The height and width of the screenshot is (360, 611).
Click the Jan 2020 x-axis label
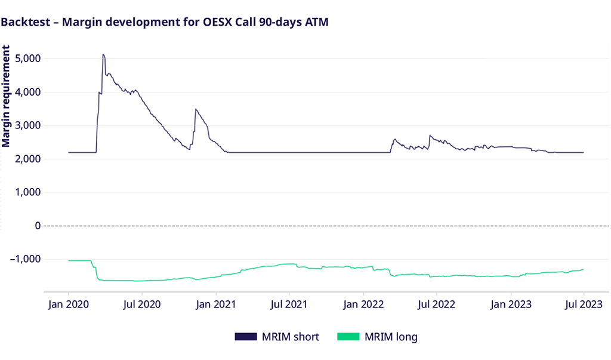pyautogui.click(x=69, y=304)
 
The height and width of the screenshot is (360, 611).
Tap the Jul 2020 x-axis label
pyautogui.click(x=142, y=304)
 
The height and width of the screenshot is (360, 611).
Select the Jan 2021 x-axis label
pyautogui.click(x=216, y=304)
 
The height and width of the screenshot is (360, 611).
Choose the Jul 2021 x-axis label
pyautogui.click(x=289, y=304)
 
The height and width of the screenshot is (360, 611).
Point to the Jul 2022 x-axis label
pyautogui.click(x=436, y=304)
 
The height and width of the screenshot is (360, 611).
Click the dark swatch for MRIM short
pyautogui.click(x=245, y=337)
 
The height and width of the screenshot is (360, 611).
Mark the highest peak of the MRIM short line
pyautogui.click(x=103, y=55)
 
